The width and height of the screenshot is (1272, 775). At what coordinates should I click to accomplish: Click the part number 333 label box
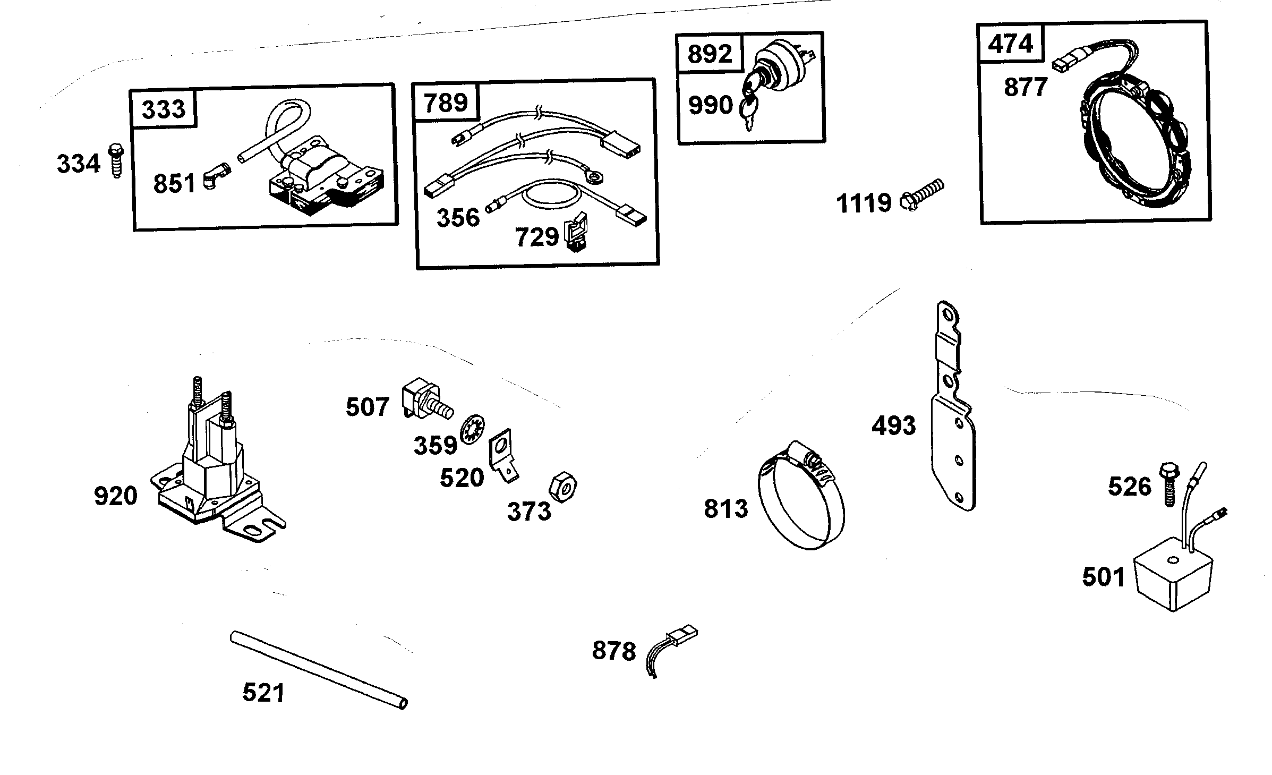164,109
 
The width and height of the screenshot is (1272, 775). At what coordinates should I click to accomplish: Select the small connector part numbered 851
215,179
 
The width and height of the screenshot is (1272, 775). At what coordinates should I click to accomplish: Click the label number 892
710,54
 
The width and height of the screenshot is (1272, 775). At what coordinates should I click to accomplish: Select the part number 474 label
1010,44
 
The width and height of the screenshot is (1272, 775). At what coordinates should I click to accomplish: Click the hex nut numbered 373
562,486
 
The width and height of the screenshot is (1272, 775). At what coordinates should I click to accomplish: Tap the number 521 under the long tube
263,693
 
